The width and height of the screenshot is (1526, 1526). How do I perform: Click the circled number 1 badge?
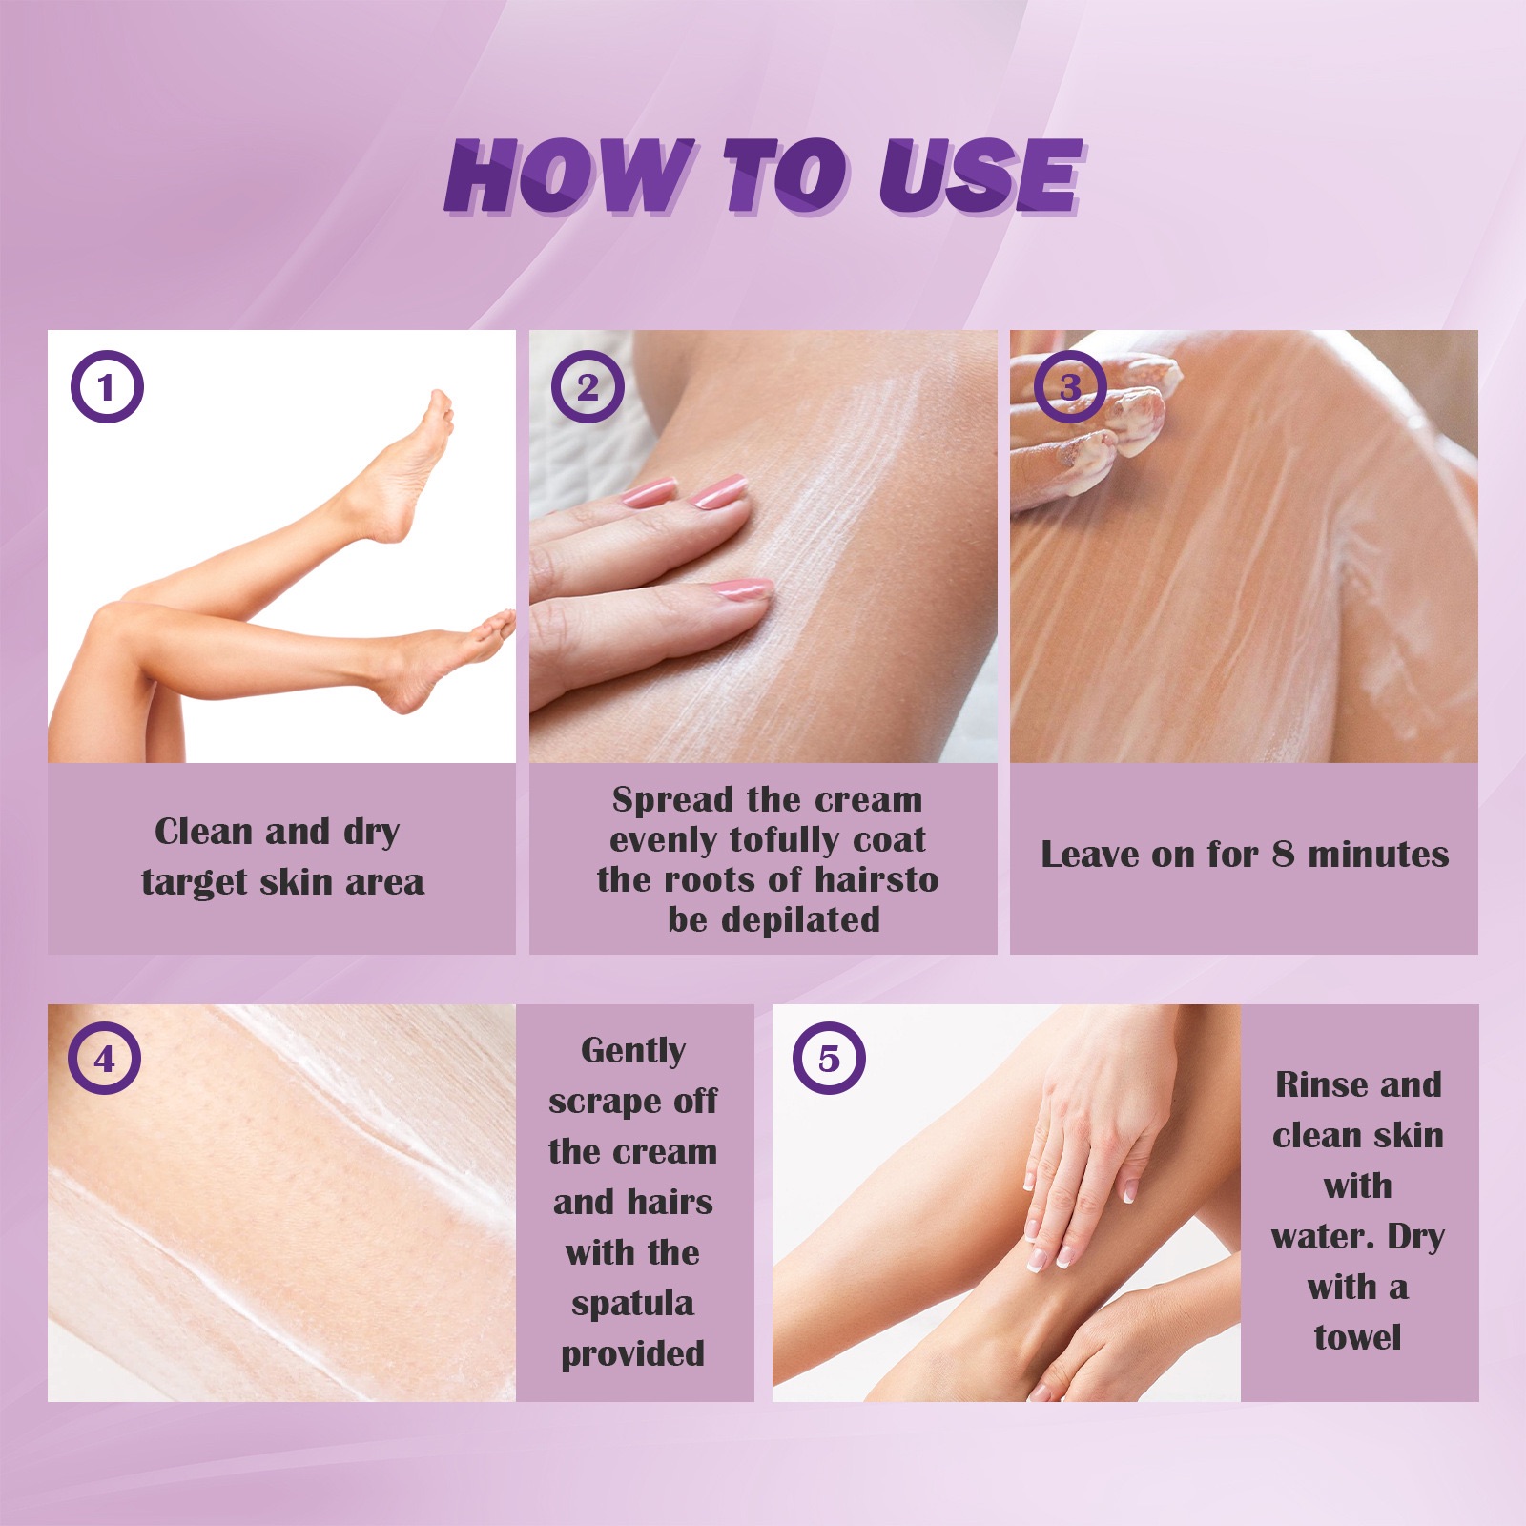click(x=107, y=387)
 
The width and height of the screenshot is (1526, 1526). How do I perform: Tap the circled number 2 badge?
click(x=588, y=387)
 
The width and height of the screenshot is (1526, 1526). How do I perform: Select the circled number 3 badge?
click(x=1070, y=387)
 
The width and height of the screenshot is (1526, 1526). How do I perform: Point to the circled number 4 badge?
click(x=104, y=1059)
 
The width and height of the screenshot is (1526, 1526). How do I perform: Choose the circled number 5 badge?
click(x=829, y=1059)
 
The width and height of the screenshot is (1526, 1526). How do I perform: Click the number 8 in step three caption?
click(x=1283, y=854)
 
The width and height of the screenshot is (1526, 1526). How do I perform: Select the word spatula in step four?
click(x=632, y=1303)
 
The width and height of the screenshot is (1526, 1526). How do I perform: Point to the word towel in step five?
click(x=1357, y=1337)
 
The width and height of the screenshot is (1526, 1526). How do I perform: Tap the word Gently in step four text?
click(x=633, y=1050)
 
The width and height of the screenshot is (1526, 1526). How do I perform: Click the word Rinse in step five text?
click(x=1317, y=1084)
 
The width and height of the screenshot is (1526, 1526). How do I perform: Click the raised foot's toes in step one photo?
click(x=440, y=405)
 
